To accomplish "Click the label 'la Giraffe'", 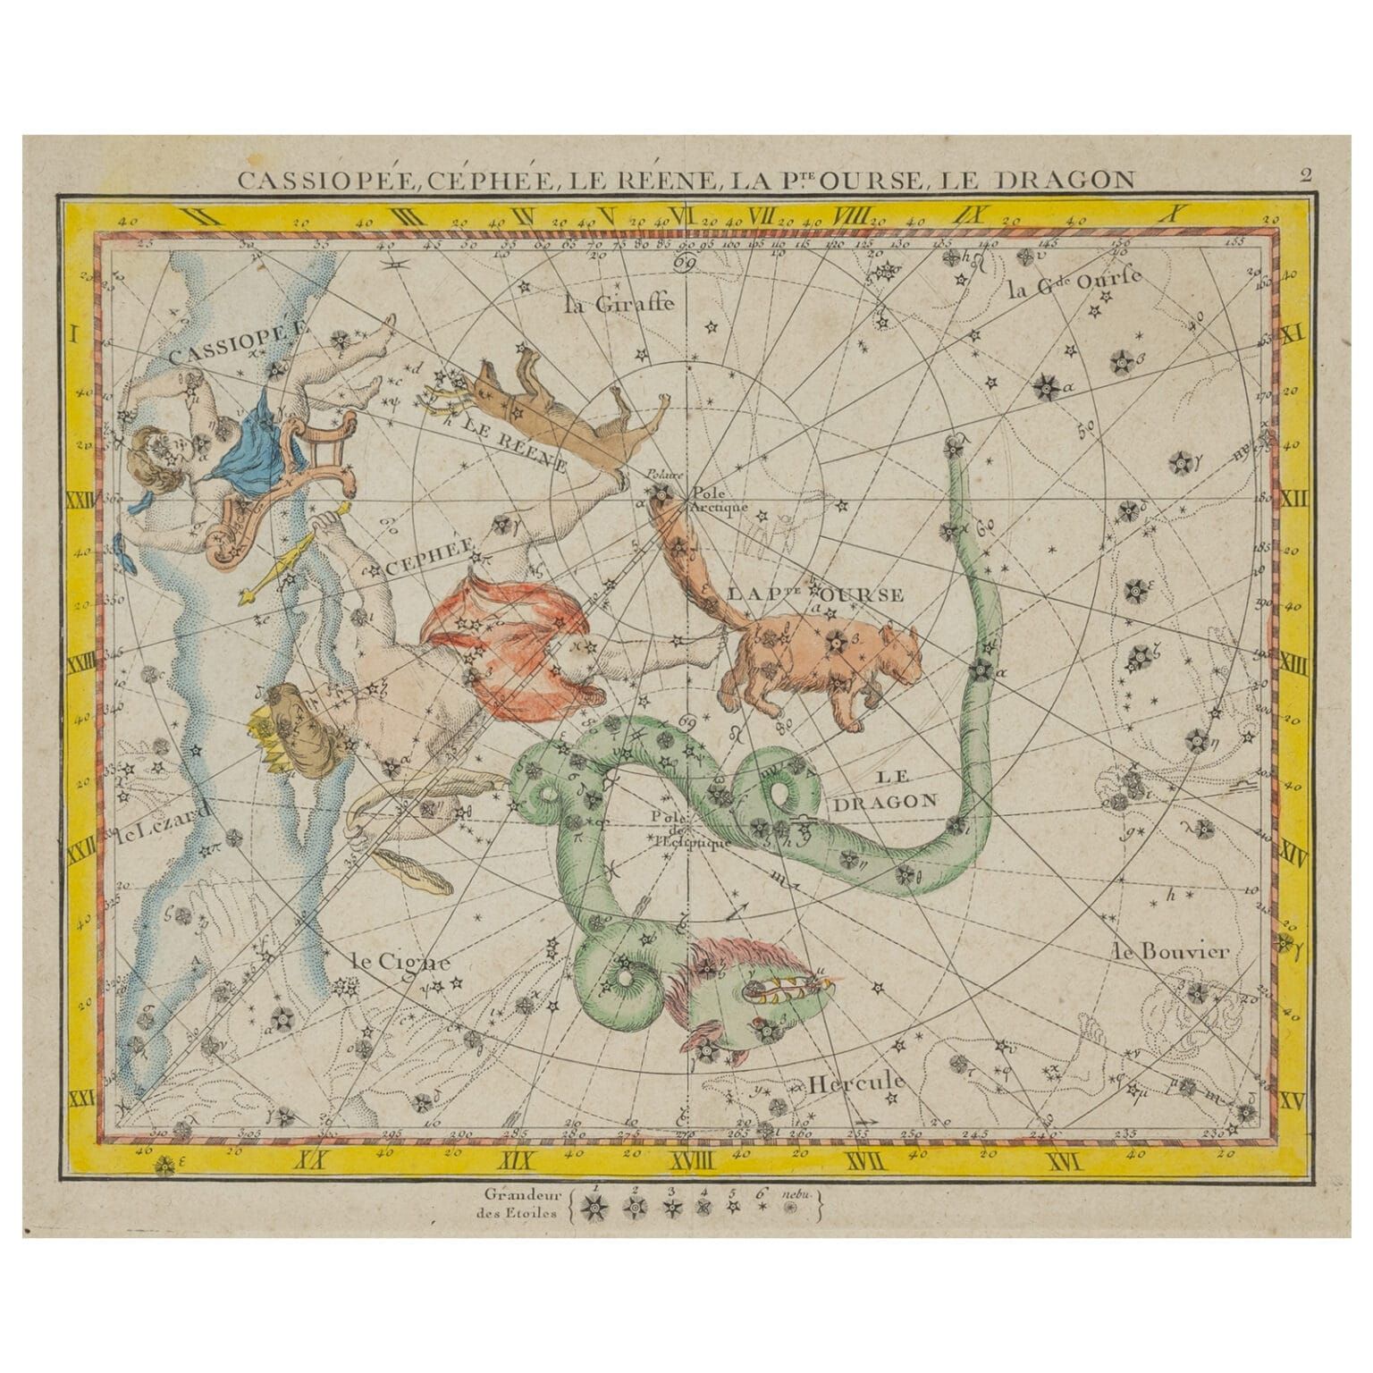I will point(619,305).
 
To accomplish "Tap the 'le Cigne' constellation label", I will point(399,963).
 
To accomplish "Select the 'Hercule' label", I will point(856,1082).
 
